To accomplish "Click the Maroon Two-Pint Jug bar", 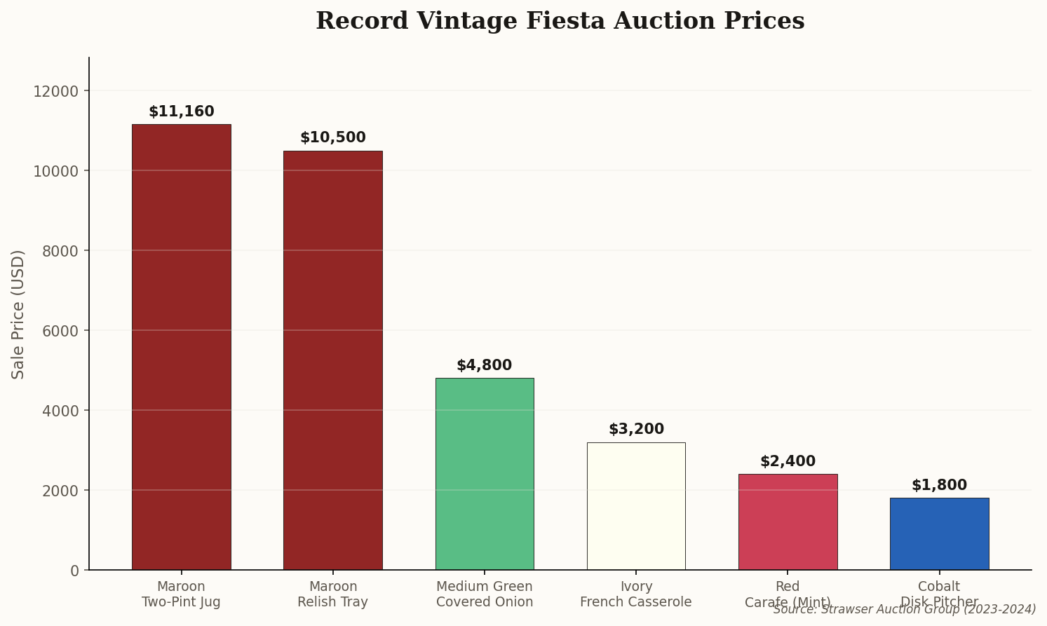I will coord(181,347).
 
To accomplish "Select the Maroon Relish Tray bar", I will coord(332,360).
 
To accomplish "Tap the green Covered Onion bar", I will coord(484,474).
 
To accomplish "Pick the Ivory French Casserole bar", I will coord(635,506).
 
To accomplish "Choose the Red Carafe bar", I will coord(788,522).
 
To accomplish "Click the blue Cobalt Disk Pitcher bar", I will coord(939,534).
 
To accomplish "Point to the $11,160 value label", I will coord(181,112).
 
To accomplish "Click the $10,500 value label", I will coord(332,138).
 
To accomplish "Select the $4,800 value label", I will coord(484,366).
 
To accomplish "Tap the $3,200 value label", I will coord(635,430).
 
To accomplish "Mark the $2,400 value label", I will coord(788,462).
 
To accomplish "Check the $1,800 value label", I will coord(939,486).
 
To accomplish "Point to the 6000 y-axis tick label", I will coord(60,331).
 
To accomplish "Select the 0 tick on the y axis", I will coord(74,571).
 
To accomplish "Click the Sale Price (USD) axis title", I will coord(18,314).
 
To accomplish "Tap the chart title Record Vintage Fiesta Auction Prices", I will coord(560,21).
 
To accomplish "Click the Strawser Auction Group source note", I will coord(904,610).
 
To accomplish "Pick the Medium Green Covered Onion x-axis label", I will coord(484,594).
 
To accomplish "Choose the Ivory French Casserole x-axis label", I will coord(635,594).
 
